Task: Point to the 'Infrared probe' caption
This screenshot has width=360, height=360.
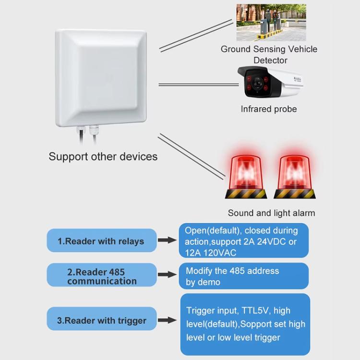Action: click(x=269, y=109)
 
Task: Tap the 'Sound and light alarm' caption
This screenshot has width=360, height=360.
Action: click(x=271, y=213)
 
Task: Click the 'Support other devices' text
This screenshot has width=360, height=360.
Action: click(x=103, y=156)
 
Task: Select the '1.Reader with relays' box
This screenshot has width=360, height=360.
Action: click(x=101, y=241)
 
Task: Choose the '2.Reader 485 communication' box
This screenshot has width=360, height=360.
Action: click(x=101, y=276)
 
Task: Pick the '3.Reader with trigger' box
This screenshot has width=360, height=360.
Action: click(x=101, y=320)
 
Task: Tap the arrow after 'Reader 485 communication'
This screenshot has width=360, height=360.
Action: click(x=168, y=275)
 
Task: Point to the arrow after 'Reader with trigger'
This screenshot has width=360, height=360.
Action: click(x=168, y=320)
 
